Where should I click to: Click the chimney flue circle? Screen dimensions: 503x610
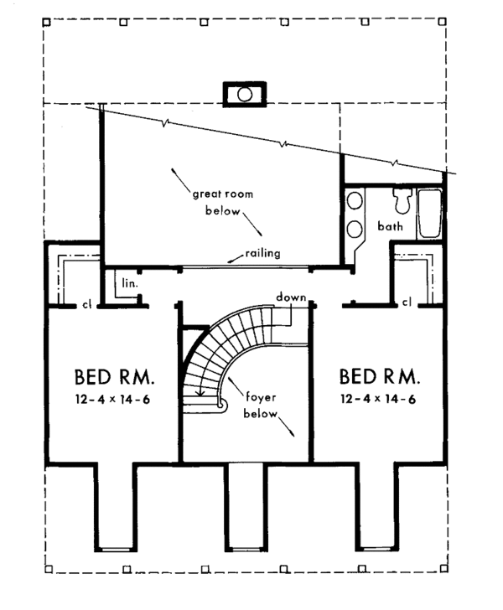[245, 95]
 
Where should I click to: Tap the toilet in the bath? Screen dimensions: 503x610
[402, 200]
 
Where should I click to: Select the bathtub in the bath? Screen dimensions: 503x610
[429, 213]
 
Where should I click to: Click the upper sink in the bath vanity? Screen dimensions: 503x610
[355, 201]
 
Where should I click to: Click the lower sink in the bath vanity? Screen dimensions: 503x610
[355, 229]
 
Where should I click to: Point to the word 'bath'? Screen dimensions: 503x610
[390, 226]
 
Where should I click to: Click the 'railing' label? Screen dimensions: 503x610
[262, 253]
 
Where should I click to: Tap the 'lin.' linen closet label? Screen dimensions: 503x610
[130, 283]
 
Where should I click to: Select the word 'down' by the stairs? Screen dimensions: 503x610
[291, 297]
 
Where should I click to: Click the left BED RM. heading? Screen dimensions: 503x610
[114, 376]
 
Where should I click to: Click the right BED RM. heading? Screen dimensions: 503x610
[380, 376]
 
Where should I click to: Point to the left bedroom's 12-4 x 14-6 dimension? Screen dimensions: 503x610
[112, 400]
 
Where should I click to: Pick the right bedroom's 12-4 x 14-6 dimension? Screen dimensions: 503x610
[378, 399]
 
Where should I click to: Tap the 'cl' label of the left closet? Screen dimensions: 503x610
[86, 305]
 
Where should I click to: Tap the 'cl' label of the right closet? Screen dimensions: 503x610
[407, 302]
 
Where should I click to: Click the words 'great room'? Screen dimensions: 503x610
[223, 194]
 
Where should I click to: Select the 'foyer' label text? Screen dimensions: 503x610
[261, 397]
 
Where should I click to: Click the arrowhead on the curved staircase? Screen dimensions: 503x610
[200, 393]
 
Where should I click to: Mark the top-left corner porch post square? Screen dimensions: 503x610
[46, 22]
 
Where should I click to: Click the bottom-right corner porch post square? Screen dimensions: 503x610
[443, 569]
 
